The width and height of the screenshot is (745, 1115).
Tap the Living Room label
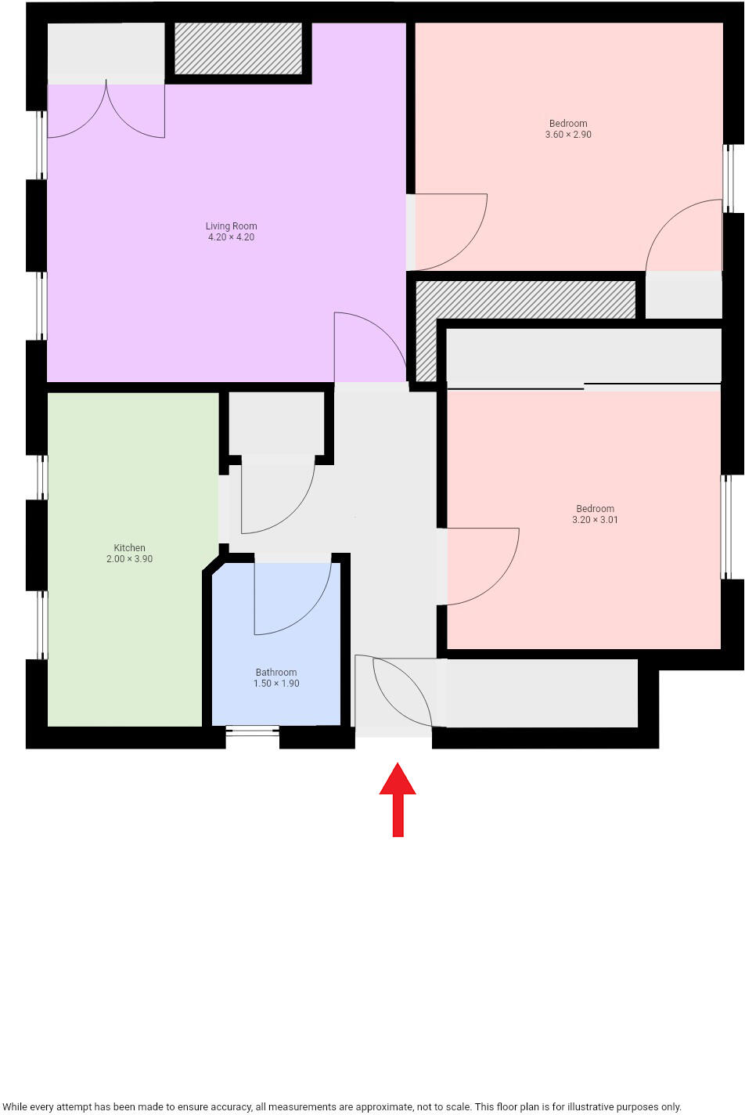click(231, 226)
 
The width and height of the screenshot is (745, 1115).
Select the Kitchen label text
click(129, 548)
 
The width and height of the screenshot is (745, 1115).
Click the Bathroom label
click(275, 673)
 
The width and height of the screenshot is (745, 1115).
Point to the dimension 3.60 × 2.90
click(568, 135)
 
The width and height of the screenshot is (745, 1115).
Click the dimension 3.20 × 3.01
click(595, 520)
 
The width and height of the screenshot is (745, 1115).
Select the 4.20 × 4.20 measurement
click(231, 237)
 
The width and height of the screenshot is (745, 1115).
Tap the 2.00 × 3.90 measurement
click(129, 559)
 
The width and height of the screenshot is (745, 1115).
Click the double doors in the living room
click(106, 110)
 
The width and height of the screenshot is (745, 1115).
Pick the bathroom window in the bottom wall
click(252, 731)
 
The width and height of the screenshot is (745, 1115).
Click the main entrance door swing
click(395, 693)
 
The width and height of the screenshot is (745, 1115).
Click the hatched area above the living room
click(238, 49)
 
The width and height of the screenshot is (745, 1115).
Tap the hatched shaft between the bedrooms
click(524, 300)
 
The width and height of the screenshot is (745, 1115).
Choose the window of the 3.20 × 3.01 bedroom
click(727, 526)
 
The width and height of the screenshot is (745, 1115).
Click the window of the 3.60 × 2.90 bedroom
click(729, 178)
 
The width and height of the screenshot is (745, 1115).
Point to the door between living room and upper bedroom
click(446, 231)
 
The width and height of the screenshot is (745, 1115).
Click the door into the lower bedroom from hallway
click(477, 565)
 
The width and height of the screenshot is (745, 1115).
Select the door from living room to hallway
click(368, 348)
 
